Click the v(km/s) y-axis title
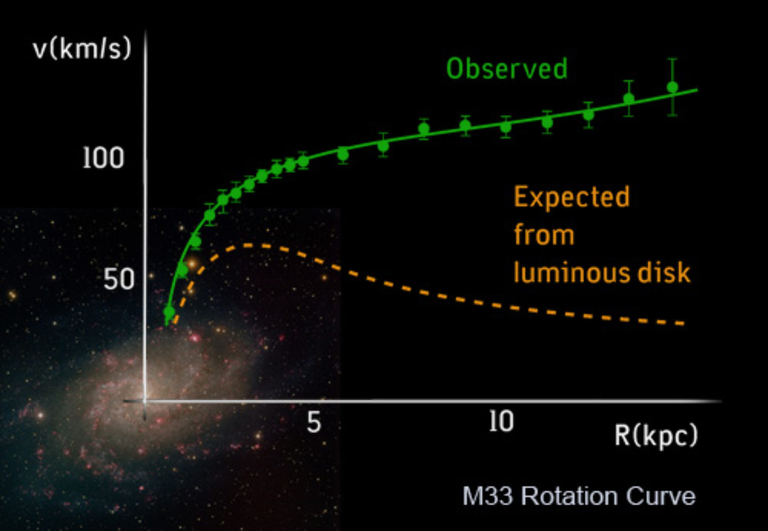click(82, 49)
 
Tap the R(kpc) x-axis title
click(656, 435)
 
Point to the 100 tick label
click(103, 158)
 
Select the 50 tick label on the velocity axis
click(119, 279)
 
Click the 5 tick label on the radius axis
click(314, 422)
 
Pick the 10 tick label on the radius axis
click(501, 421)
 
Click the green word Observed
click(507, 69)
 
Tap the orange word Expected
click(572, 197)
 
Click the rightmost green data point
click(672, 87)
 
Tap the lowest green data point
click(169, 312)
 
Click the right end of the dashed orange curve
click(683, 324)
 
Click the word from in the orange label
click(544, 235)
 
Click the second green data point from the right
click(629, 98)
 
